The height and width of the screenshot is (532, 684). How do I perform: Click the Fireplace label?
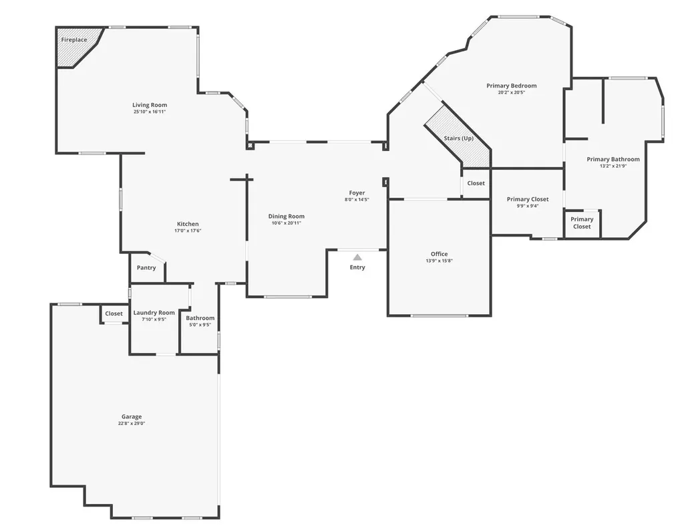[73, 39]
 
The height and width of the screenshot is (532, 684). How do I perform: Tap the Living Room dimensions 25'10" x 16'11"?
[150, 112]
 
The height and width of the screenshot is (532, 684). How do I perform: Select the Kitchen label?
[188, 224]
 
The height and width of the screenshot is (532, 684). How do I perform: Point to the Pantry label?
[146, 267]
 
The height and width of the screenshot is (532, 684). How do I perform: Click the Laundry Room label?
[154, 313]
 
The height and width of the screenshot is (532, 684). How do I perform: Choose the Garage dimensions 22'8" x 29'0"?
[132, 423]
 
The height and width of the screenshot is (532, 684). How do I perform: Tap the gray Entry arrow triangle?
[357, 257]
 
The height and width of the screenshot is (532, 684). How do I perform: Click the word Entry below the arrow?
[357, 267]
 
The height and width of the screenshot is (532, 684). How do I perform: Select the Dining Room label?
[286, 216]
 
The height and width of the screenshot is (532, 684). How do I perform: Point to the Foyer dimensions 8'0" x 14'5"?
[357, 199]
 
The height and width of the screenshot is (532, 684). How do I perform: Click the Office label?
[440, 254]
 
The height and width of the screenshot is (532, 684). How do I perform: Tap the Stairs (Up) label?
[458, 138]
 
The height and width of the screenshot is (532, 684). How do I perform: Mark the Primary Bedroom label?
[511, 86]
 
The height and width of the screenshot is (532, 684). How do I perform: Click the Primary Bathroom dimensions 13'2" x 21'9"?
[613, 166]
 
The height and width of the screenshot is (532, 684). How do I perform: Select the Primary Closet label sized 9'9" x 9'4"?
[528, 199]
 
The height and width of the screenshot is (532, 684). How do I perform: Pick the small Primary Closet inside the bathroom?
[582, 223]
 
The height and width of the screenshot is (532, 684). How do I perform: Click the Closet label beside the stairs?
[476, 183]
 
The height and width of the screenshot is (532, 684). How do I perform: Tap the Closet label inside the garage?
[114, 313]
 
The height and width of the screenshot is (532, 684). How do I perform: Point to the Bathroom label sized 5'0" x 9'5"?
[200, 318]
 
